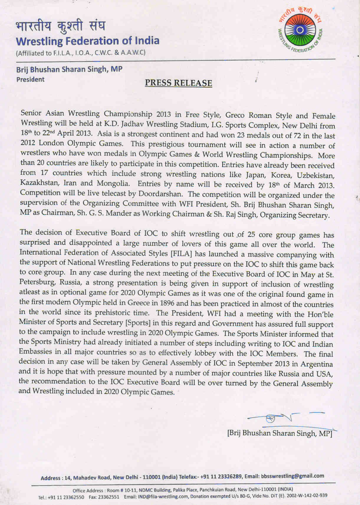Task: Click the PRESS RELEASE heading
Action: [178, 83]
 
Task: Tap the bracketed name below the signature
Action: [280, 433]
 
